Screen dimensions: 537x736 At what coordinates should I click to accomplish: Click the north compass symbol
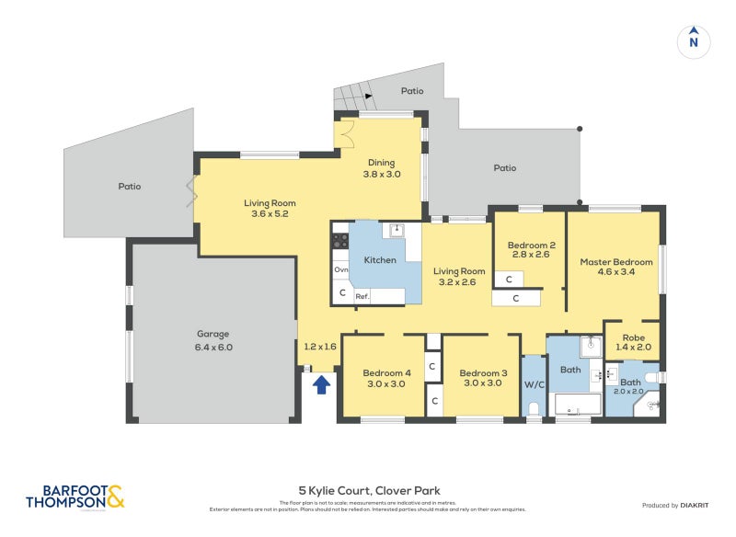coord(694,40)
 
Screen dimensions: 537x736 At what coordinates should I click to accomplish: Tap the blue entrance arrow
coord(321,384)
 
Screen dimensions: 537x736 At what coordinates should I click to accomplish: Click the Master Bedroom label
coord(615,268)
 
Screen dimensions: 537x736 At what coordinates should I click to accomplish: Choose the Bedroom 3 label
coord(481,378)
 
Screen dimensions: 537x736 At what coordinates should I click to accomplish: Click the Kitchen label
coord(380,260)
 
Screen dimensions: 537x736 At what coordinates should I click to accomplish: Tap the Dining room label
coord(381,168)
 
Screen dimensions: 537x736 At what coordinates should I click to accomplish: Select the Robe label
coord(633,342)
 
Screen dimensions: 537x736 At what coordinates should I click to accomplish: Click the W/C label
coord(535,384)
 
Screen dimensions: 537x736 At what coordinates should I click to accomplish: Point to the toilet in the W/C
coord(535,410)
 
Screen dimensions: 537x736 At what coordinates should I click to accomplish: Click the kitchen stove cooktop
coord(339,241)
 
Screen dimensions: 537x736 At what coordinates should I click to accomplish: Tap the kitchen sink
coord(397,230)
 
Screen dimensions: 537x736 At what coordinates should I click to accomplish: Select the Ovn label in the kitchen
coord(341,270)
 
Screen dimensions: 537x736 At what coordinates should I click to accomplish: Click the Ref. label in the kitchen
coord(362,296)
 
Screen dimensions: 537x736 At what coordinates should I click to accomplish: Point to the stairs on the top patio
coord(353,93)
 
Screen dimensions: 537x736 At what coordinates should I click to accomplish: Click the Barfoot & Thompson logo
coord(75,497)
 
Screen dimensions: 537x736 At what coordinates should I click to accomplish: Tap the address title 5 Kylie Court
coord(368,491)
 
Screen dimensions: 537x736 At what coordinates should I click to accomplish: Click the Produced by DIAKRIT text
coord(679,506)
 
